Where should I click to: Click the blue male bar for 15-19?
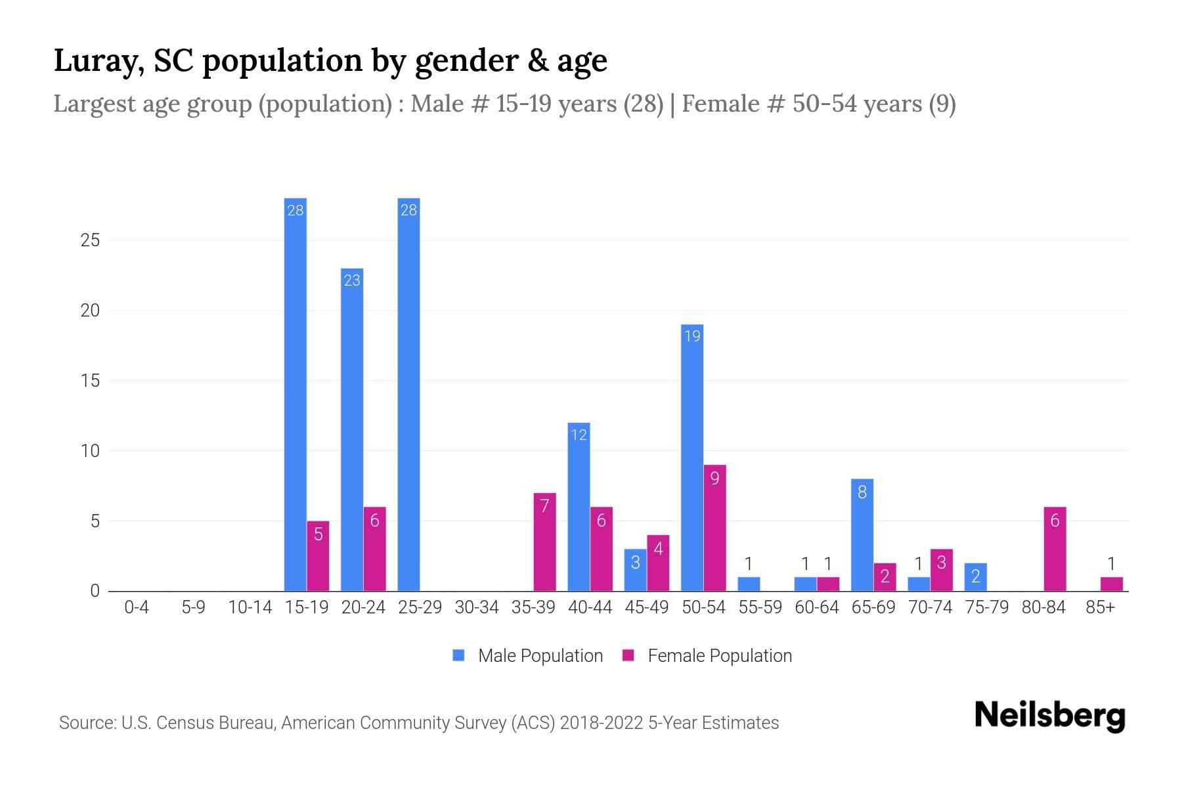[295, 394]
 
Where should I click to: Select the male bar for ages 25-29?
[408, 394]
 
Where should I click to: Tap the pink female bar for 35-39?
[544, 542]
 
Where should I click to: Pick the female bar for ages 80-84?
[1055, 549]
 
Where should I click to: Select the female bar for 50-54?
[714, 528]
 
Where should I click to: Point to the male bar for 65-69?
[862, 535]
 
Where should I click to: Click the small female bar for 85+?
[1111, 584]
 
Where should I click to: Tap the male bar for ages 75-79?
[975, 577]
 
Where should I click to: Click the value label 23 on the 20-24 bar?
[352, 280]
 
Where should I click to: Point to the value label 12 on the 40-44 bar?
[579, 435]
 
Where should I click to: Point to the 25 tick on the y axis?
[90, 240]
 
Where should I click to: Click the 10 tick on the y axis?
[90, 451]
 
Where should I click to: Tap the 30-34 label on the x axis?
[477, 607]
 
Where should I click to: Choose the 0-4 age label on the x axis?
[137, 607]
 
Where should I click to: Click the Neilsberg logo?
[1049, 715]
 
